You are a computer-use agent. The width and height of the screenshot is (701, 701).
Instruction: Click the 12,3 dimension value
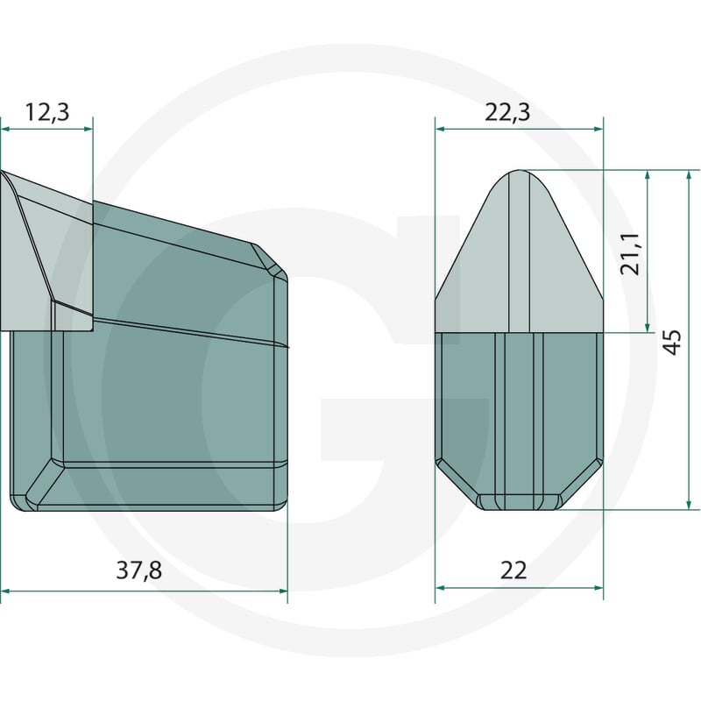pos(47,112)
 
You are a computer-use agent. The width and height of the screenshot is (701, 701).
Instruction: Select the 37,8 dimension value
pos(138,570)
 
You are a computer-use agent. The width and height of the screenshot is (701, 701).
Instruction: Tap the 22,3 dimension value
pos(507,112)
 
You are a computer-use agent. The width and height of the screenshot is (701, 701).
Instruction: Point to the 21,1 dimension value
pos(631,253)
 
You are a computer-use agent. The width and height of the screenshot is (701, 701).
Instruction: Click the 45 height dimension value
pos(672,342)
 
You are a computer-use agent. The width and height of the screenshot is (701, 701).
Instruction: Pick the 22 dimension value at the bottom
pos(513,570)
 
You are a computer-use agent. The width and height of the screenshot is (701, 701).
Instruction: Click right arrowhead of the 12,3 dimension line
pos(89,129)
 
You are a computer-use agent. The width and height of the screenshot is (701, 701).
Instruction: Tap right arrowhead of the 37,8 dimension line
pos(283,591)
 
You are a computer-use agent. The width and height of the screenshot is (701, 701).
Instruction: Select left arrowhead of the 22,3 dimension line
pos(441,129)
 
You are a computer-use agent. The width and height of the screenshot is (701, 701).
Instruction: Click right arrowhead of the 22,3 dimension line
pos(598,129)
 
